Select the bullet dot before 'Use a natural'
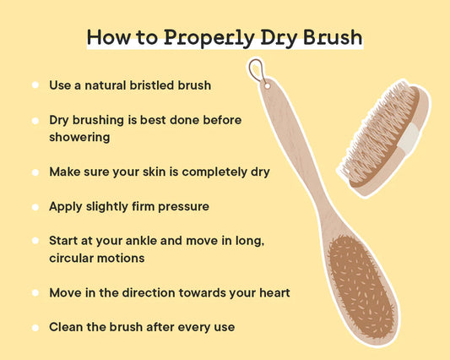(x=35, y=85)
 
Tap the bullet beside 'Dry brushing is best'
(x=35, y=121)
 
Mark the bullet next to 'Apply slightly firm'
(x=35, y=206)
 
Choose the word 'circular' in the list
(x=74, y=257)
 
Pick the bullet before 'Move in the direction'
(x=35, y=292)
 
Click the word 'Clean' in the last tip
(x=67, y=326)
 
